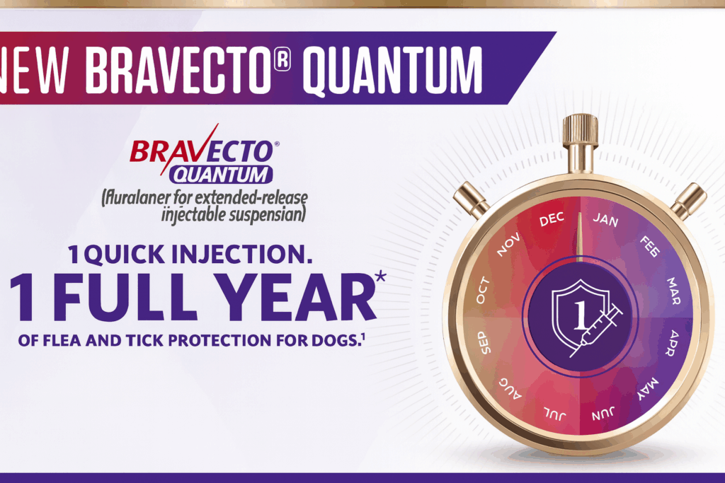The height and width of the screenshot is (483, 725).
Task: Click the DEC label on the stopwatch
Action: (x=552, y=219)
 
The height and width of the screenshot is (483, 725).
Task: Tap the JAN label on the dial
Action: (x=606, y=219)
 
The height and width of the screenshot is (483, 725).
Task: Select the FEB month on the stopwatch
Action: (x=650, y=247)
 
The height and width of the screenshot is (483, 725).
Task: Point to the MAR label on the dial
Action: (x=673, y=291)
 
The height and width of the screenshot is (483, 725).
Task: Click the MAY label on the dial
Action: (x=648, y=388)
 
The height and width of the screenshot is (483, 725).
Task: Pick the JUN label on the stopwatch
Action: (x=603, y=414)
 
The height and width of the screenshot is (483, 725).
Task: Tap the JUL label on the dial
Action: (x=554, y=414)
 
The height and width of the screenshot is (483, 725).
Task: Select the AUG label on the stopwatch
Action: (x=510, y=388)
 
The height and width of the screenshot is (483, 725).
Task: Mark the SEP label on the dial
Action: (x=484, y=342)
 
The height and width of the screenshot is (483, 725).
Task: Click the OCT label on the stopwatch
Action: (x=483, y=291)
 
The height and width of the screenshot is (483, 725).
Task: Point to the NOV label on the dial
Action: (x=508, y=245)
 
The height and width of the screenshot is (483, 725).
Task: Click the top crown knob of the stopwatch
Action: (x=581, y=132)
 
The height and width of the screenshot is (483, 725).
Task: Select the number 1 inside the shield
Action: (x=581, y=316)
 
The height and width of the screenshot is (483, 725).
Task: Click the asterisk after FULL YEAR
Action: (x=380, y=276)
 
